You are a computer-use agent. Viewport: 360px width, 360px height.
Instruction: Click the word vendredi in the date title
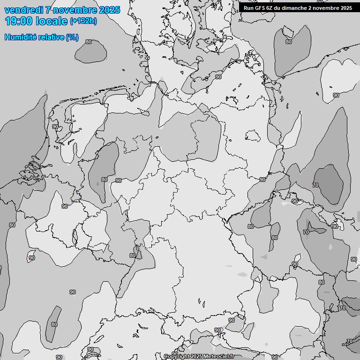[x=23, y=10]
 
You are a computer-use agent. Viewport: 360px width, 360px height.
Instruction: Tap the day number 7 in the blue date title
[x=49, y=10]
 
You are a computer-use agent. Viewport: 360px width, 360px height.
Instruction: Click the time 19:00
[x=19, y=21]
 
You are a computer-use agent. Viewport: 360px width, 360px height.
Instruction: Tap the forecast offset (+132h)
[x=83, y=21]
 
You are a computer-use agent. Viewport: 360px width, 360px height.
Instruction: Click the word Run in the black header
[x=248, y=7]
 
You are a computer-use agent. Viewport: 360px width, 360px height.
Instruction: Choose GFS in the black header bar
[x=261, y=7]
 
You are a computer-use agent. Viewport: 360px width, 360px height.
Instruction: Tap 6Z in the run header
[x=270, y=7]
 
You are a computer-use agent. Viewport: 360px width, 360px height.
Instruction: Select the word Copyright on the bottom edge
[x=176, y=357]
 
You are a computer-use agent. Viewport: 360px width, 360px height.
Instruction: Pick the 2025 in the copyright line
[x=195, y=357]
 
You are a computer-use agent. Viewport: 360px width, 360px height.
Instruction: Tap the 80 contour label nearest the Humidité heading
[x=89, y=42]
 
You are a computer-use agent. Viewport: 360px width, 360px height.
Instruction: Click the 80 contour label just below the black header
[x=289, y=42]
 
